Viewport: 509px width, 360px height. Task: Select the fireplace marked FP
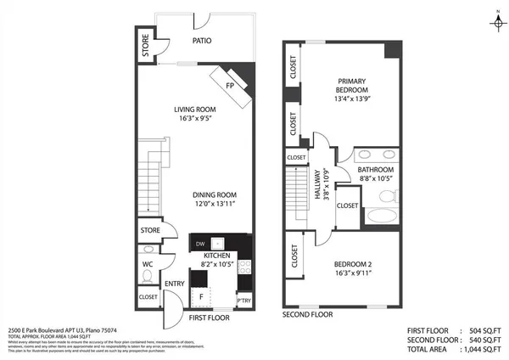pyautogui.click(x=231, y=86)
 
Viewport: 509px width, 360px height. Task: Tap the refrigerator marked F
pyautogui.click(x=201, y=296)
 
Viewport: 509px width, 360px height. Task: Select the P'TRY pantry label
pyautogui.click(x=243, y=301)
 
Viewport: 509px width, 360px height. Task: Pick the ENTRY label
pyautogui.click(x=175, y=284)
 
